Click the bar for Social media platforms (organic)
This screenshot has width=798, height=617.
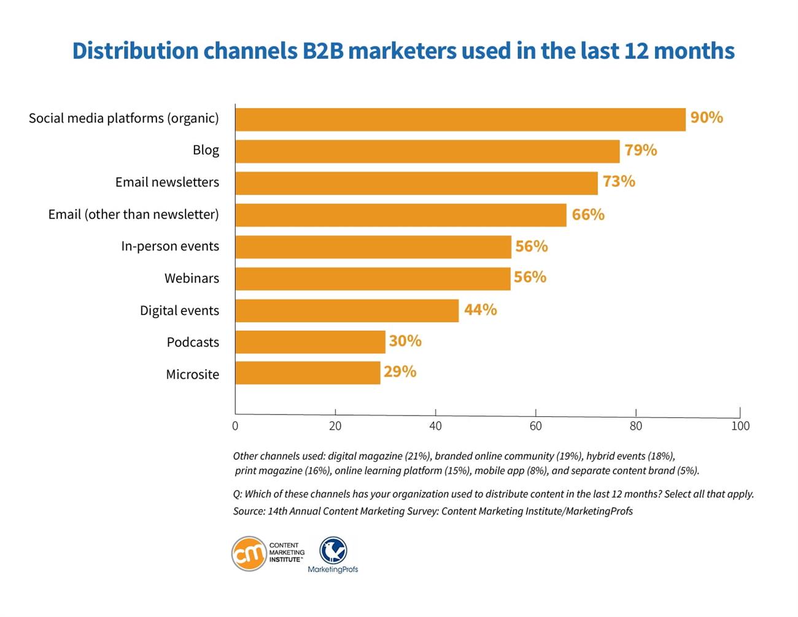coord(460,120)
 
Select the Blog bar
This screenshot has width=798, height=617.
coord(427,152)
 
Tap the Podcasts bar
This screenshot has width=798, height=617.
coord(310,342)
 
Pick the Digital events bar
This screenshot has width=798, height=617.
coord(347,311)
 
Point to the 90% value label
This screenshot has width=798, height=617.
coord(707,117)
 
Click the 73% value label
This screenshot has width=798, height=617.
coord(619,182)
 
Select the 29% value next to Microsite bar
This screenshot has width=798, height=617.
coord(400,372)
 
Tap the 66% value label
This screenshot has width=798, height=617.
coord(588,214)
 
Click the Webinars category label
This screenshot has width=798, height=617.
coord(192,278)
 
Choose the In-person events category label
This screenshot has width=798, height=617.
coord(170,246)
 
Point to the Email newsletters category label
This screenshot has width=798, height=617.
coord(167,182)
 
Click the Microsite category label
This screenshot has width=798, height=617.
coord(192,374)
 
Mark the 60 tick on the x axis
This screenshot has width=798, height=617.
coord(535,426)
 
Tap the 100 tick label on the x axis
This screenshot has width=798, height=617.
coord(740,426)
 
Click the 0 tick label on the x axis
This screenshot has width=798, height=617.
coord(235,426)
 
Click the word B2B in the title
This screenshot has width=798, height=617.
coord(323,51)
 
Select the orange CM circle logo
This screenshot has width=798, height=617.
coord(249,554)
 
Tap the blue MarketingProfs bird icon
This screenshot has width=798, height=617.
coord(333,550)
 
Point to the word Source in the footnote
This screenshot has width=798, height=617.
coord(248,511)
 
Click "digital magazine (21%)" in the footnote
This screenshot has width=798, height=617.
coord(379,456)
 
